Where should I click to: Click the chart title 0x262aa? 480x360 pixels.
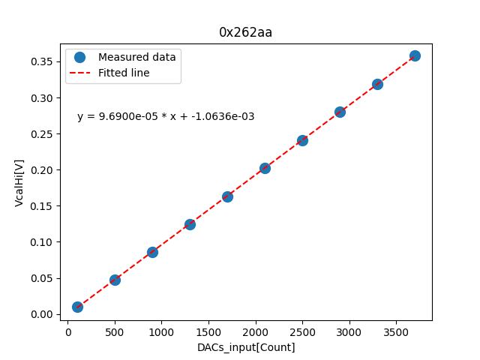coord(245,32)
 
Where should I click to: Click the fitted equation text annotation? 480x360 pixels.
coord(166,117)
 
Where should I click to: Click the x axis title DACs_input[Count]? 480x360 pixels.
coord(246,347)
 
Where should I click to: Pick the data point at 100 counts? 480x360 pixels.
coord(77,307)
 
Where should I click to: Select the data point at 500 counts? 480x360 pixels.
coord(115,280)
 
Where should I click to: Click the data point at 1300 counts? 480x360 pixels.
coord(190,224)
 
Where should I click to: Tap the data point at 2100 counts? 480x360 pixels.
coord(265,168)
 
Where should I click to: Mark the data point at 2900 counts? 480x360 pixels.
coord(340,112)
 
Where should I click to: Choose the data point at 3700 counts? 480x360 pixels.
coord(415,55)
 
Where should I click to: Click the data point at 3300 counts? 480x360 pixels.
coord(377,84)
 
